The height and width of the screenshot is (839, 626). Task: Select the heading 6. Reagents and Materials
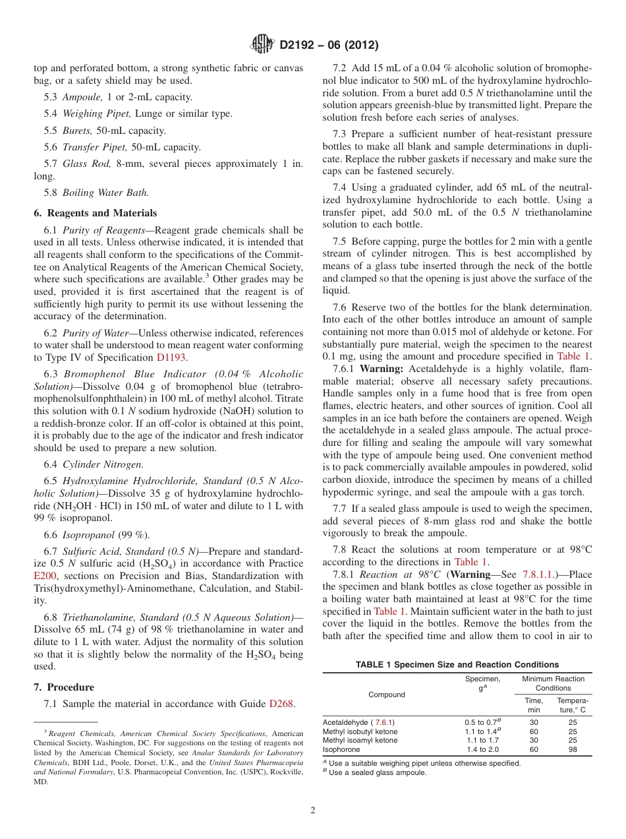[x=95, y=213]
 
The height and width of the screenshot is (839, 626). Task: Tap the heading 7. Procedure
[x=63, y=687]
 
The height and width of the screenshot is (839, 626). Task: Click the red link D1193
[x=171, y=357]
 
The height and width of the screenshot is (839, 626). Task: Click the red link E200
[x=45, y=576]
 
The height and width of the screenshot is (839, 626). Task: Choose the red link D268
[x=281, y=704]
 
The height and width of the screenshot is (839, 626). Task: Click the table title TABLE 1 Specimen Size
[x=457, y=665]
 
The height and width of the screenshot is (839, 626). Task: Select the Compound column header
[x=387, y=695]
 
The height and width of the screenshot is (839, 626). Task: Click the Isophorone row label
[x=341, y=749]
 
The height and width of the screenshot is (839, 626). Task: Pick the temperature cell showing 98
[x=572, y=749]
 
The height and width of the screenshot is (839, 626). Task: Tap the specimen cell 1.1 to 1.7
[x=482, y=740]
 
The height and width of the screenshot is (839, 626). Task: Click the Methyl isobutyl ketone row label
[x=360, y=731]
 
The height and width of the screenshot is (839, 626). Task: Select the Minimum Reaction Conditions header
[x=553, y=683]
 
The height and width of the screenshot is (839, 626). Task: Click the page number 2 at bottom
[x=312, y=811]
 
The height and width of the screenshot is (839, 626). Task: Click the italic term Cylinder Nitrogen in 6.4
[x=94, y=465]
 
